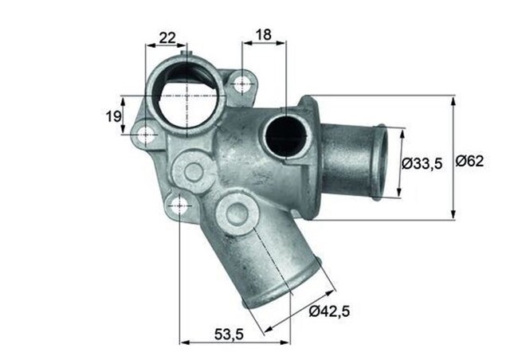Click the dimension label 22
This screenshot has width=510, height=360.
point(167,37)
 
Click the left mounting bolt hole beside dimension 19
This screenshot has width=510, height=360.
point(145,134)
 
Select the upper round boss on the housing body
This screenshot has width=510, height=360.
point(192,169)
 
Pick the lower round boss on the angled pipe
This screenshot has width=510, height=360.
point(236,212)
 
